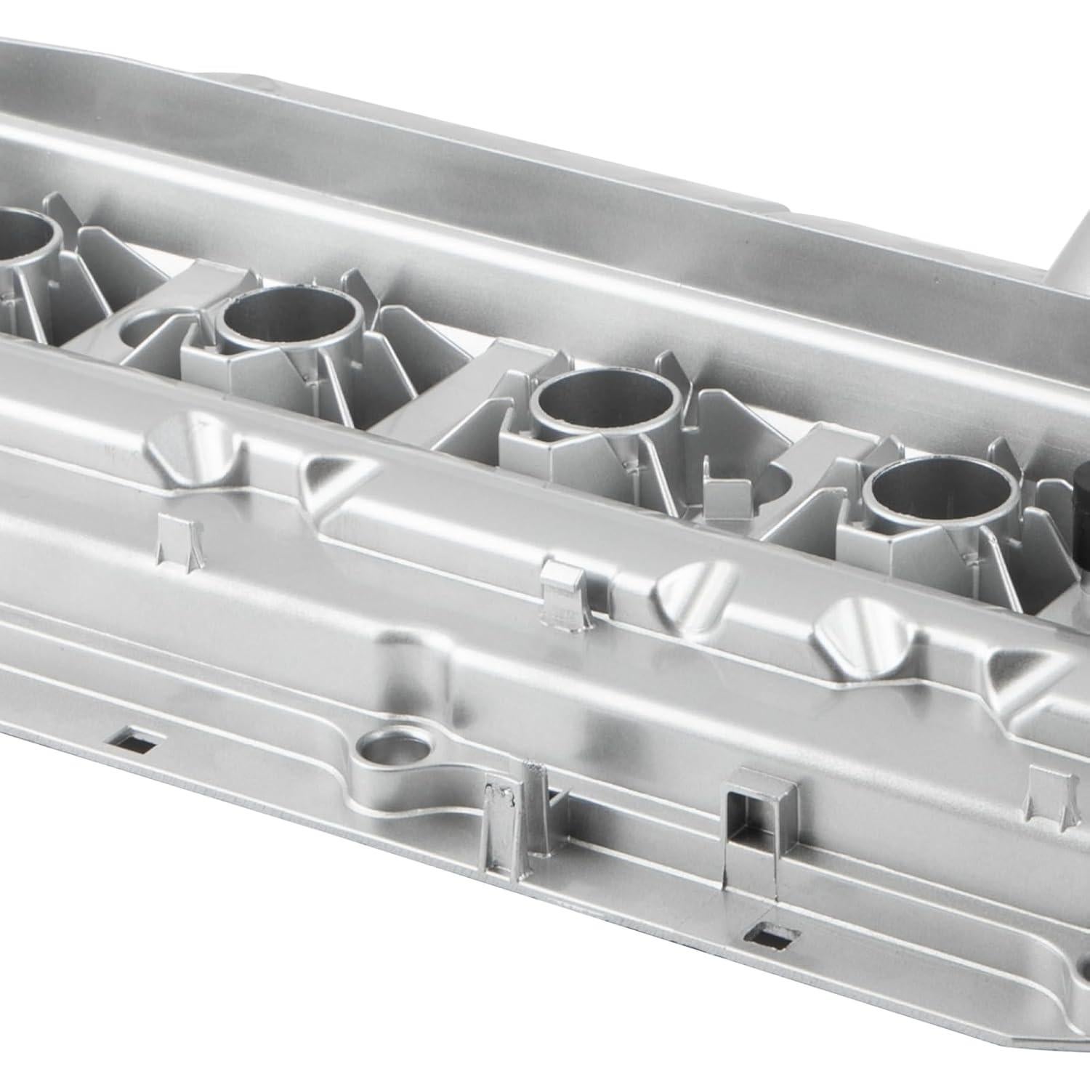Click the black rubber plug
pyautogui.click(x=1082, y=509)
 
